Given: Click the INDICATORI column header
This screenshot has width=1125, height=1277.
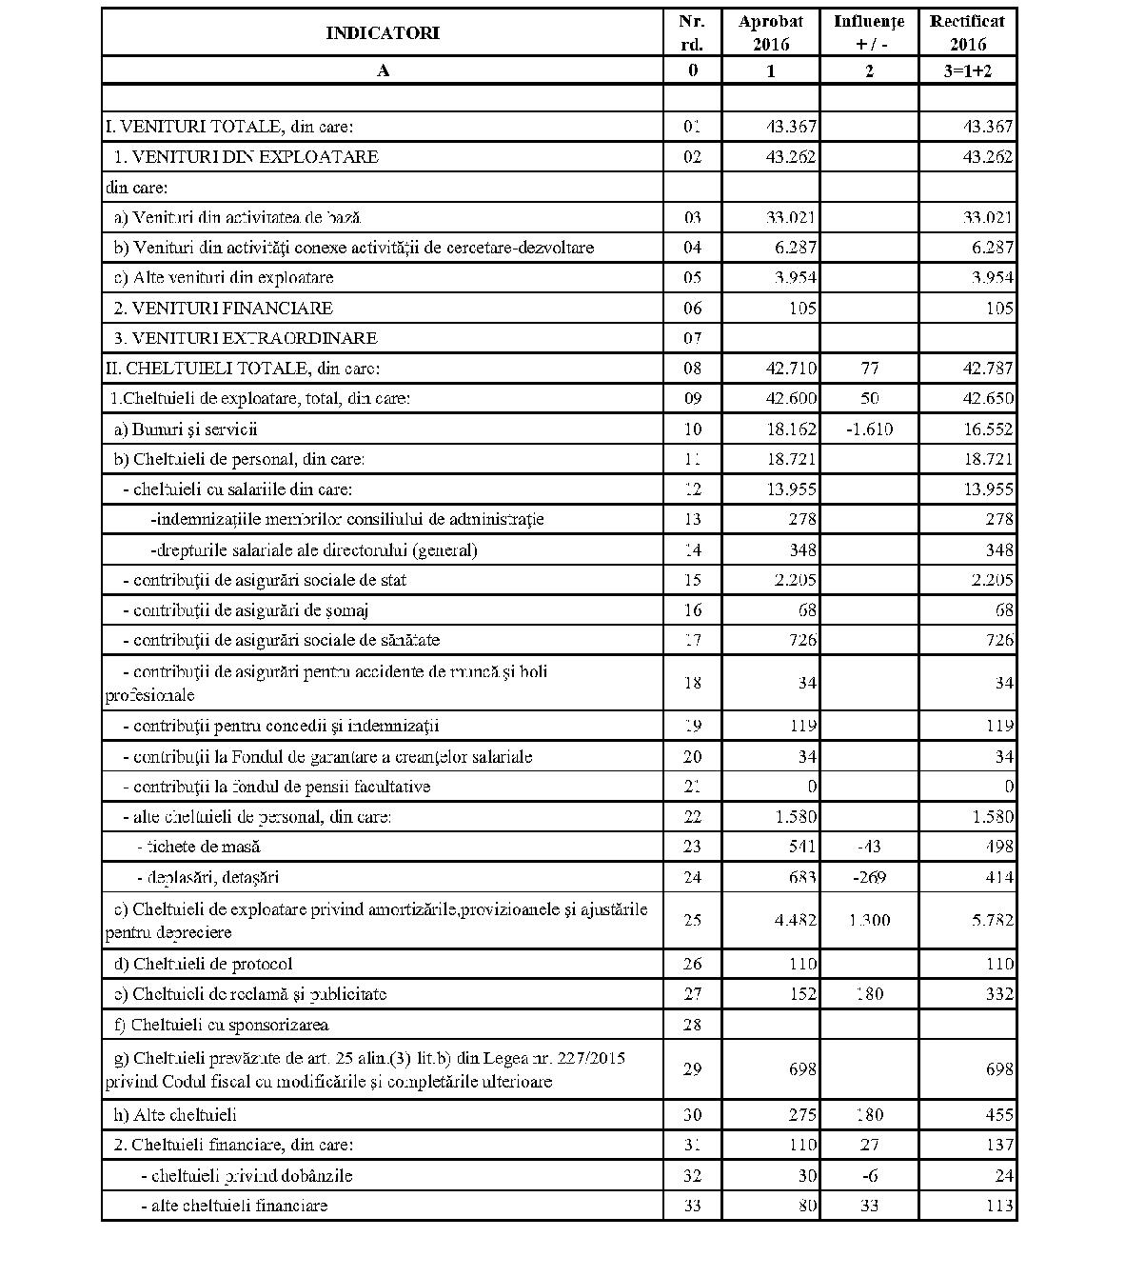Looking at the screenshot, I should [x=382, y=33].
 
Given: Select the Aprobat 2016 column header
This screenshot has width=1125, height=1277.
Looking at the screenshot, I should [x=770, y=32].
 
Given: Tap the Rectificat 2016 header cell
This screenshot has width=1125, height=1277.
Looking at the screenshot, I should [x=967, y=32].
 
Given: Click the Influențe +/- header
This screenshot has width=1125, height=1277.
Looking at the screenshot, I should [x=868, y=32].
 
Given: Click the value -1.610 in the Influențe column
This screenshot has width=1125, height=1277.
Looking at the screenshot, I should [x=869, y=429].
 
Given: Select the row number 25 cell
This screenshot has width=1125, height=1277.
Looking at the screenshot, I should [x=692, y=920].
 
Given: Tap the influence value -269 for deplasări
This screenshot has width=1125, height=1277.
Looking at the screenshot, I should [x=869, y=877].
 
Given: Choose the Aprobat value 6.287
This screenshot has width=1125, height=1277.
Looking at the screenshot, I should [x=791, y=248].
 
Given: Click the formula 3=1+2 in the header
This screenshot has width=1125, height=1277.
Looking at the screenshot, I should [x=967, y=70].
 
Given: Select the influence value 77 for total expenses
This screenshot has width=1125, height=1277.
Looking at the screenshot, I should [x=869, y=369].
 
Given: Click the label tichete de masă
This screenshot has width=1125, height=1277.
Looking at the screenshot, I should [x=198, y=847].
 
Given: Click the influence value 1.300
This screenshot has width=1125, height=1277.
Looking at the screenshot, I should [x=869, y=920].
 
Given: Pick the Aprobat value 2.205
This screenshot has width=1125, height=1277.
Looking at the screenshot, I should [x=791, y=580].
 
